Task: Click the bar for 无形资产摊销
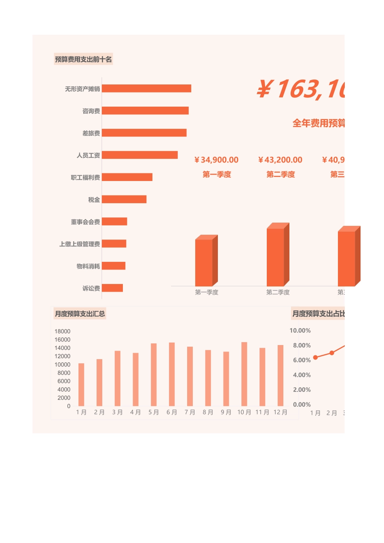146,88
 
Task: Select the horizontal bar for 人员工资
139,155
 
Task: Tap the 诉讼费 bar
112,288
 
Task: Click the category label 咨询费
91,111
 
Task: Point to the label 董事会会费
85,222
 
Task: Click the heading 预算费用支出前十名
83,59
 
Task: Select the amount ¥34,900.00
217,160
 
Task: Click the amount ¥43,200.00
281,160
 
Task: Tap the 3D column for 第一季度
204,263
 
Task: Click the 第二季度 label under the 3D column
278,292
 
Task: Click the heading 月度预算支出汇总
80,314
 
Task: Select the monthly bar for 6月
172,374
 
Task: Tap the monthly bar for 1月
81,385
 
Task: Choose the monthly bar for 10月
244,374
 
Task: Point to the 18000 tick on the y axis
62,331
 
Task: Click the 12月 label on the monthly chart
280,412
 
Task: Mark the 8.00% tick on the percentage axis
302,345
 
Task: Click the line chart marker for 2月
332,353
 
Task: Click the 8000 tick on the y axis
64,373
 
